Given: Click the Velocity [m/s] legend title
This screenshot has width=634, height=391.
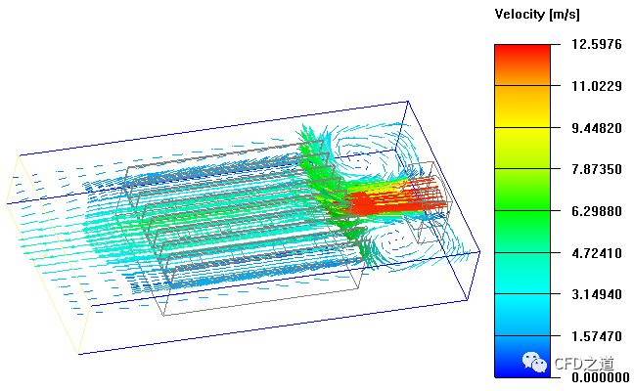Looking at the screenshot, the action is [x=537, y=15].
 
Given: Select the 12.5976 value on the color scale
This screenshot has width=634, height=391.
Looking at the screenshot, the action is [x=597, y=44].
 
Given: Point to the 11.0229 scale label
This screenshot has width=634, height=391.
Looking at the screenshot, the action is [x=597, y=86].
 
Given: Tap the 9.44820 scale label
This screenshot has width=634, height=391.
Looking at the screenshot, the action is [x=597, y=128].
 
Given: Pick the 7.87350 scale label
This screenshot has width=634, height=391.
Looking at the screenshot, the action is [x=597, y=169].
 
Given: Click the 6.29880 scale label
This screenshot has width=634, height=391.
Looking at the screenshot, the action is [x=597, y=211].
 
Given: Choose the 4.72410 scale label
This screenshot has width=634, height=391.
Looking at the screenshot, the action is [x=597, y=253].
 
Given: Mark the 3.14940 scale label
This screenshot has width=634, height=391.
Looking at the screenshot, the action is [x=597, y=294].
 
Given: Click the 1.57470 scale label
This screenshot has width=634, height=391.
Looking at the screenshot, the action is [x=597, y=335].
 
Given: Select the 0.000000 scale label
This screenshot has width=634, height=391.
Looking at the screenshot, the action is [x=600, y=377].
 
